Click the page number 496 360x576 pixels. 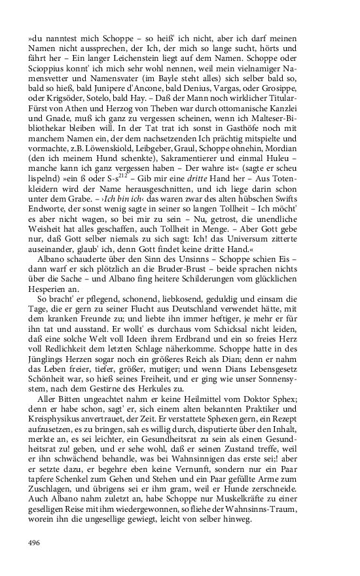pyautogui.click(x=34, y=543)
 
